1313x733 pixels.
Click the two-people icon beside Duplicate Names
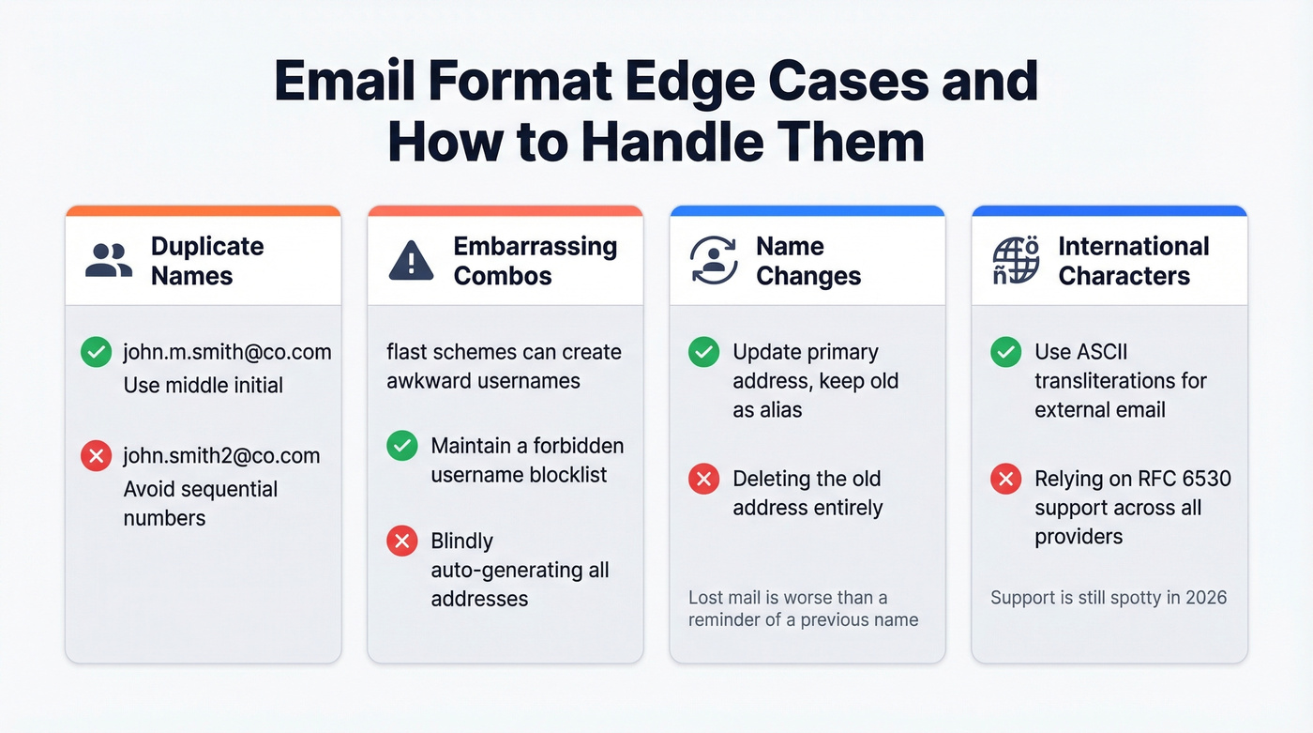(x=109, y=261)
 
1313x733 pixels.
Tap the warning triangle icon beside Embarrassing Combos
(x=411, y=261)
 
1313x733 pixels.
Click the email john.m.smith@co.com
(x=227, y=353)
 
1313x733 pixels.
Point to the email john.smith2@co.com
(x=221, y=456)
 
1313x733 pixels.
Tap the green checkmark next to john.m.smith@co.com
(x=96, y=353)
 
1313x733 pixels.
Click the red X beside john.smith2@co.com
(x=96, y=457)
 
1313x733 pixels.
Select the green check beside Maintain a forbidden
(x=402, y=446)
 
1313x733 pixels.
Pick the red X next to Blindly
(x=402, y=542)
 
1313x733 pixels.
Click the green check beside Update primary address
(x=704, y=353)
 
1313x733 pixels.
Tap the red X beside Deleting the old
(x=704, y=480)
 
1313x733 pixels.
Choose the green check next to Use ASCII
(x=1006, y=353)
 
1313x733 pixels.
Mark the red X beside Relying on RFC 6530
(x=1006, y=480)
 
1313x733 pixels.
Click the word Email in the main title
(x=345, y=82)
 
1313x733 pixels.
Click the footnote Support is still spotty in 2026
(x=1109, y=598)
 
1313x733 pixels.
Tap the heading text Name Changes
(x=807, y=261)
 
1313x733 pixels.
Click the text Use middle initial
(x=204, y=386)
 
